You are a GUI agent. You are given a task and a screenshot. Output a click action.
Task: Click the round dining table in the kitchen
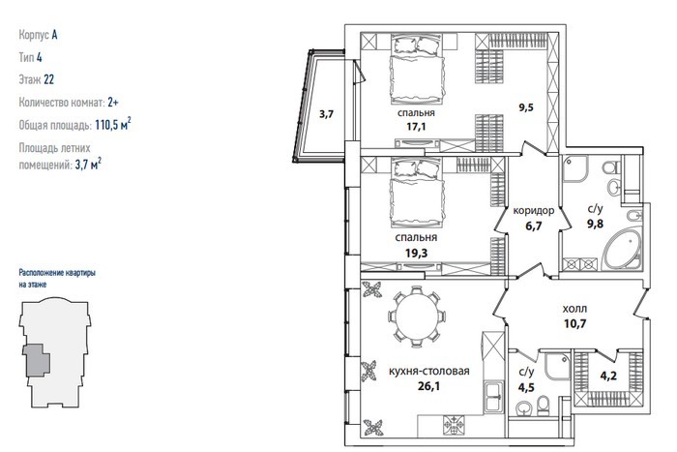(x=417, y=316)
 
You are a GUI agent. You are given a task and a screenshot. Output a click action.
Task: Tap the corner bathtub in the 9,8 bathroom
(x=622, y=250)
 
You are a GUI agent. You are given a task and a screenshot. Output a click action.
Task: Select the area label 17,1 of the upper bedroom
(x=415, y=127)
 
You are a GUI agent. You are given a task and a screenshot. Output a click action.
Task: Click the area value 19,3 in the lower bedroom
(x=416, y=253)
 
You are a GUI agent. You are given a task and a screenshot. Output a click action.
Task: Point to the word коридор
(x=533, y=211)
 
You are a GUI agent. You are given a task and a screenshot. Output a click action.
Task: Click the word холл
(x=574, y=309)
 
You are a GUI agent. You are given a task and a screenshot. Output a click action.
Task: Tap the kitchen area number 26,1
(x=428, y=386)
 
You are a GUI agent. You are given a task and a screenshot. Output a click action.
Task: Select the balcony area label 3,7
(x=327, y=114)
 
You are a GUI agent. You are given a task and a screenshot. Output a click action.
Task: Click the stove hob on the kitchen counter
(x=454, y=426)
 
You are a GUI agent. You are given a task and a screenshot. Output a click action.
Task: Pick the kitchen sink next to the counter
(x=493, y=396)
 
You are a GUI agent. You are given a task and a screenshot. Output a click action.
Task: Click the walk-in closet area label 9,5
(x=526, y=107)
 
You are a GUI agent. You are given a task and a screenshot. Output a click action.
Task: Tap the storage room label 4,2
(x=608, y=376)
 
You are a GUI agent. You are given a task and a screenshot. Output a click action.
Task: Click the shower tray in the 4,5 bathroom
(x=558, y=366)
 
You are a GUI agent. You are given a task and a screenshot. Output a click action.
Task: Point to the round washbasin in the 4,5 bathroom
(x=524, y=407)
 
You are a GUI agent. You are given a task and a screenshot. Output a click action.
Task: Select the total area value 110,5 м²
(x=113, y=125)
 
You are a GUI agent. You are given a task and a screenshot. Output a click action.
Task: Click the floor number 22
(x=48, y=79)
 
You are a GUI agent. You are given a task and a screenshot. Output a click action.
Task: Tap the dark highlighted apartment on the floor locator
(x=37, y=360)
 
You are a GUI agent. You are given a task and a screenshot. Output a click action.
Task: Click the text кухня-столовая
(x=429, y=372)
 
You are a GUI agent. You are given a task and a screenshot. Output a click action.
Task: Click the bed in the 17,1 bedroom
(x=417, y=70)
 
